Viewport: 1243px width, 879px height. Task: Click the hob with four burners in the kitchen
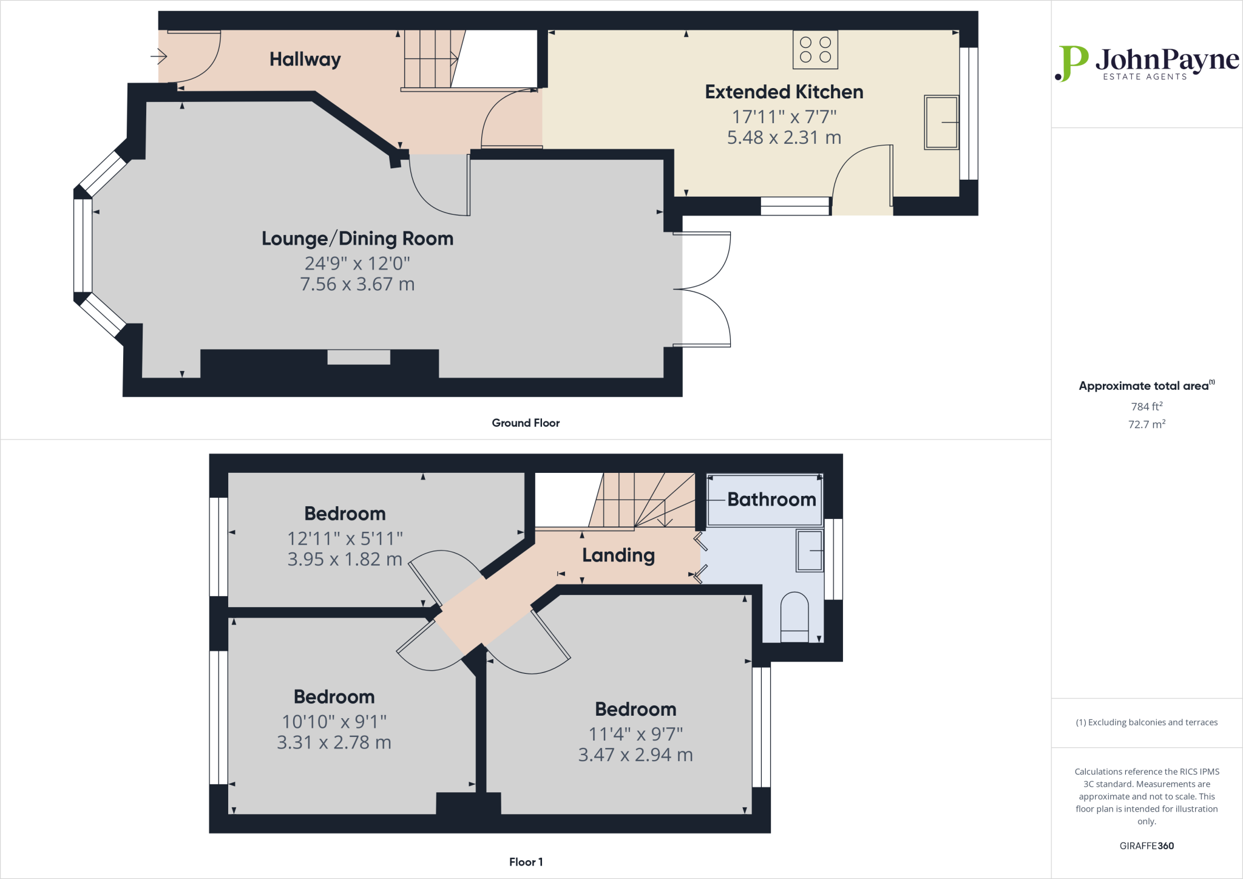tap(815, 50)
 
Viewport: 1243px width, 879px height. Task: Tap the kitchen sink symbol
tap(941, 122)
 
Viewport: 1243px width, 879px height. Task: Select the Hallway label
tap(305, 59)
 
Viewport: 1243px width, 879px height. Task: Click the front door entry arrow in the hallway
tap(159, 57)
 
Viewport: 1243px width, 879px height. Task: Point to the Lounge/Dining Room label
tap(357, 239)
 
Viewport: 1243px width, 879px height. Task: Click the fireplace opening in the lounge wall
tap(359, 357)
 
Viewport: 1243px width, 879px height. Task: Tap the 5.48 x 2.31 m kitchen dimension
tap(784, 138)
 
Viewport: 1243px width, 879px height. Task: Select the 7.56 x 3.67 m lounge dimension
tap(357, 284)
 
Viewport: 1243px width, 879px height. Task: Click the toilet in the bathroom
tap(794, 616)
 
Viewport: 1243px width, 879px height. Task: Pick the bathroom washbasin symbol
tap(810, 551)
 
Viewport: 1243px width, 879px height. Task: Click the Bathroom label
tap(771, 500)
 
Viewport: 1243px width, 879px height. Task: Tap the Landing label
tap(618, 555)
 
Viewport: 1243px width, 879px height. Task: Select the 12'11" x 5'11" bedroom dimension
tap(345, 538)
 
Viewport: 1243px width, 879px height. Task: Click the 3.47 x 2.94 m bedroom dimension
tap(635, 755)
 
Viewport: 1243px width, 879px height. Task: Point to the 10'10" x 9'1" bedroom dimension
tap(334, 722)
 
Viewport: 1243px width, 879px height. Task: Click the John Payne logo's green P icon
tap(1071, 63)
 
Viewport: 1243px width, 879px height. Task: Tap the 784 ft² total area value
tap(1146, 406)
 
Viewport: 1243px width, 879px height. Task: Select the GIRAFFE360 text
tap(1146, 846)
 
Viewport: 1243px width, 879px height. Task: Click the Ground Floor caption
tap(526, 423)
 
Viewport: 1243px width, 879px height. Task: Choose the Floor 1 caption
tap(526, 862)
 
